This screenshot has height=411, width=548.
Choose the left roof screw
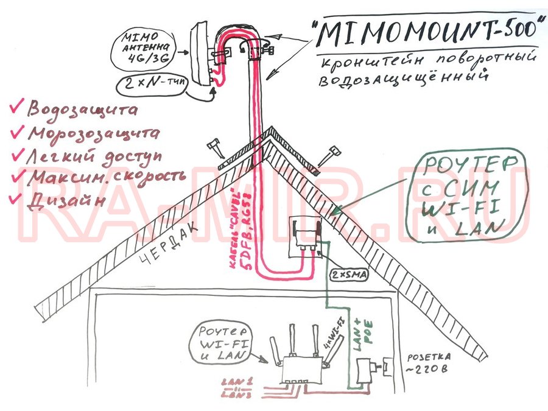coord(215,149)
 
